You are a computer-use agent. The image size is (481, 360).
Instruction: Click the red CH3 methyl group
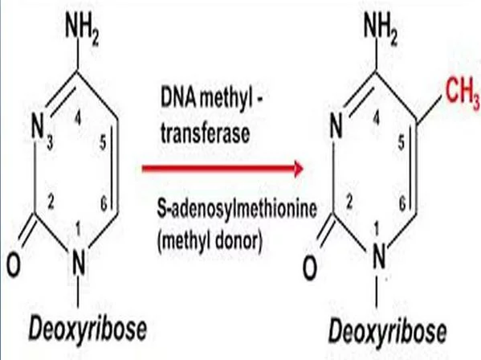pos(463,92)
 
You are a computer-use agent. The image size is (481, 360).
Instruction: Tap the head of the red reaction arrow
pos(298,169)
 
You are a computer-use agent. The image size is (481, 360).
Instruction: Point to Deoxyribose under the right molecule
pos(387,332)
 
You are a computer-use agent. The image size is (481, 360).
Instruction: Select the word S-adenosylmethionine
pos(237,209)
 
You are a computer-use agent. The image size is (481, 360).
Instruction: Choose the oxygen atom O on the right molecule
pos(310,268)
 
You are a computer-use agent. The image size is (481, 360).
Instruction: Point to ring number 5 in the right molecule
pos(402,142)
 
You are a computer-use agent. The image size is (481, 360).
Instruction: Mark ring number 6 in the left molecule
pos(104,204)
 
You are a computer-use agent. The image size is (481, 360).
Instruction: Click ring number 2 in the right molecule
pos(349,202)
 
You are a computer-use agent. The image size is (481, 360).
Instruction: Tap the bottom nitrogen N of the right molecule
pos(379,257)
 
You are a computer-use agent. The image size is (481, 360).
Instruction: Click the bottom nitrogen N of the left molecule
pos(79,263)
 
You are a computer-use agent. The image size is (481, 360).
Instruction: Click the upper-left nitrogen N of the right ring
pos(336,125)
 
